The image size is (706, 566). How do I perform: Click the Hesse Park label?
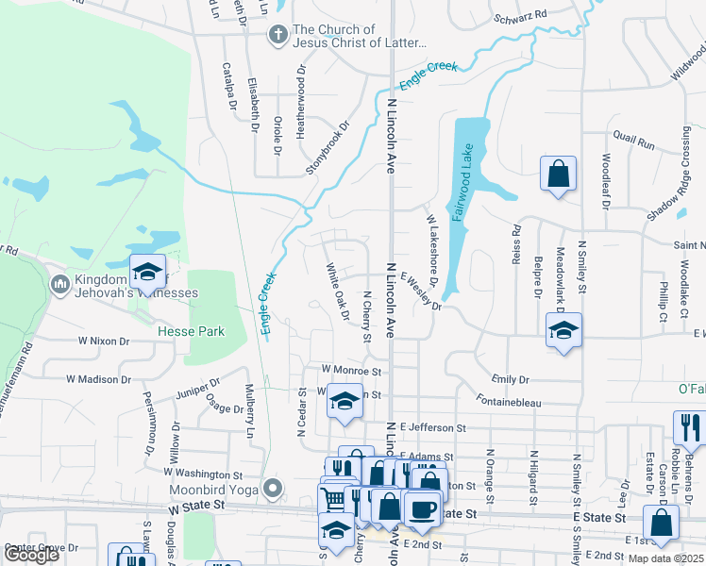(192, 331)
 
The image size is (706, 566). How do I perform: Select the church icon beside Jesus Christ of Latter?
(277, 37)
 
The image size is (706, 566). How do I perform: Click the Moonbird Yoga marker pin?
(273, 488)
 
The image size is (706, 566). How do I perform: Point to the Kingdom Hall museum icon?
(59, 283)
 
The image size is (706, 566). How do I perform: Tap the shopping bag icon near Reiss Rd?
(558, 174)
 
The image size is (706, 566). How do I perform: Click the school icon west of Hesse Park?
(147, 272)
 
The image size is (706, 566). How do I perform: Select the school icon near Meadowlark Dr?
(563, 330)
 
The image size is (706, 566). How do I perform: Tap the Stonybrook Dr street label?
(327, 147)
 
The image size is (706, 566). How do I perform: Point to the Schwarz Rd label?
(520, 16)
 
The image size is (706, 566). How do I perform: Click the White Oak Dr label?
(337, 291)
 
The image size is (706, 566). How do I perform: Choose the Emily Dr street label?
(511, 379)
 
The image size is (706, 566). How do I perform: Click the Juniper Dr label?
(198, 385)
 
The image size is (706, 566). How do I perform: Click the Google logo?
(31, 555)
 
